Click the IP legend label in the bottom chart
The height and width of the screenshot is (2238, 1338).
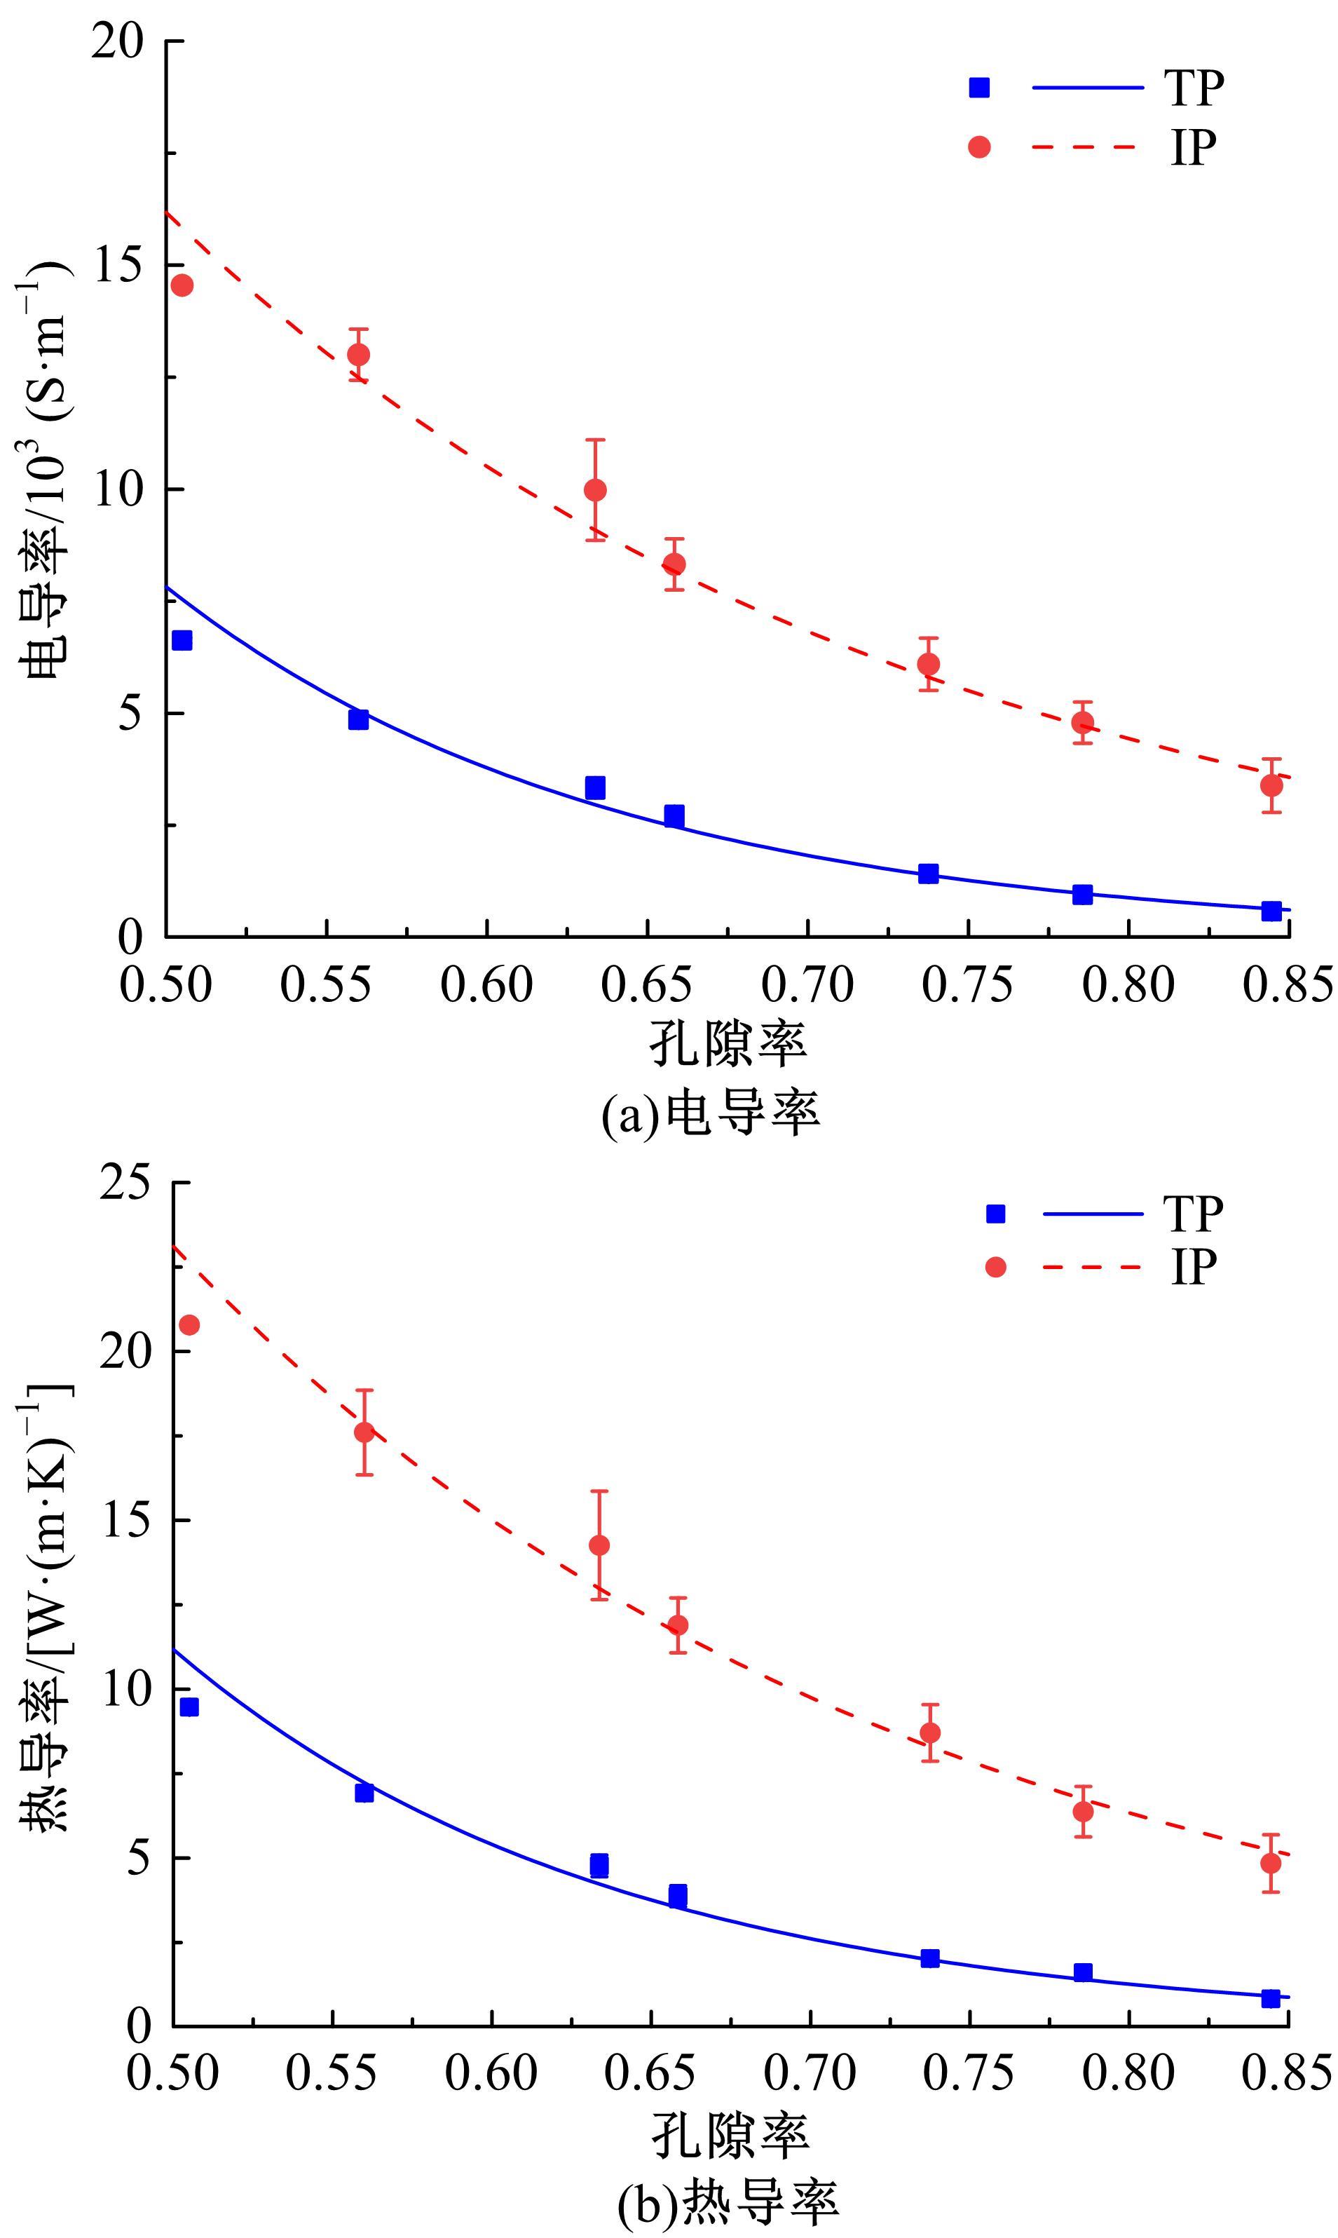point(1194,1267)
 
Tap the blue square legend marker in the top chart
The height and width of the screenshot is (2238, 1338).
point(979,88)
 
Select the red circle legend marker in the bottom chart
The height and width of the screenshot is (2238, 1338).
point(995,1268)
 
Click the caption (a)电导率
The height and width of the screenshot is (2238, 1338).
point(711,1115)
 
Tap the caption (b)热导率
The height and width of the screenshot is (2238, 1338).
point(728,2202)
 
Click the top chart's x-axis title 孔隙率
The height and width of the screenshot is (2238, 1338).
point(728,1044)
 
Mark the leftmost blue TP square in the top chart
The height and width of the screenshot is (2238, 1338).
point(182,640)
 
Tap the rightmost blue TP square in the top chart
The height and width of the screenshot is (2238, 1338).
point(1271,911)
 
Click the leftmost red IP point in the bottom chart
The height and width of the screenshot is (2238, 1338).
point(189,1324)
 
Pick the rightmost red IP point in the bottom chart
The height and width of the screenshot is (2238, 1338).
point(1271,1862)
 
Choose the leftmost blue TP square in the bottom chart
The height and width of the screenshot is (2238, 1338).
point(189,1707)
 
